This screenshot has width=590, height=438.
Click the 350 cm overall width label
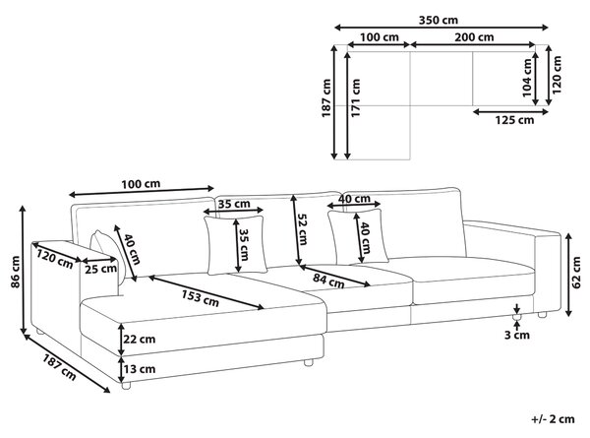439,20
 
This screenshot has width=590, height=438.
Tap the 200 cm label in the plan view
474,37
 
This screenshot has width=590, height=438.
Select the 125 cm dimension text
514,120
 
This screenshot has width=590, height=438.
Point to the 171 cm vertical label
356,97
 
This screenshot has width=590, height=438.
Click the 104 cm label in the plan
527,78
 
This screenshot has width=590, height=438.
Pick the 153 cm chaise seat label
201,297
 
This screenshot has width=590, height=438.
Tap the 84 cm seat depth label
328,281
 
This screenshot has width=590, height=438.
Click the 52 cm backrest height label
302,229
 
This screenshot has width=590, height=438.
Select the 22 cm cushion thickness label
140,339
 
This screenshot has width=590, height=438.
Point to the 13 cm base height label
140,369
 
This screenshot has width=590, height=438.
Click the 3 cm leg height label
517,335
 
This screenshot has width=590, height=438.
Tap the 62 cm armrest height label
576,273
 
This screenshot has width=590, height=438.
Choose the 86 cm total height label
16,272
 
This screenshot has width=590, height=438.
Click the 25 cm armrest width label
100,270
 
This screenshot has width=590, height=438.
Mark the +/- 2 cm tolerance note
553,419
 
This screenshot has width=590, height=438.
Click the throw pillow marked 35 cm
236,245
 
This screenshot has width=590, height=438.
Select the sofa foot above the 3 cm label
516,318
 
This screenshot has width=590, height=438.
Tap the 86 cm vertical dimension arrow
24,270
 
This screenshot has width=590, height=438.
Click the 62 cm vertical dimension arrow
569,275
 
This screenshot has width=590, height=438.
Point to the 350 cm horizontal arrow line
442,28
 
